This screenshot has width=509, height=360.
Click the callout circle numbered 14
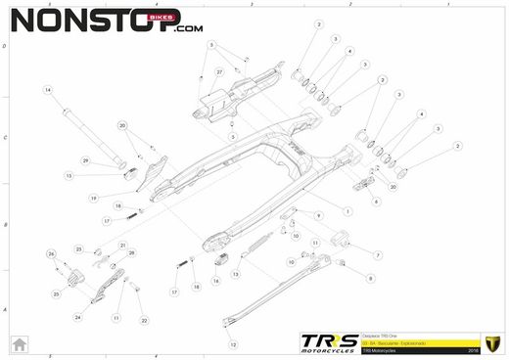pyautogui.click(x=45, y=89)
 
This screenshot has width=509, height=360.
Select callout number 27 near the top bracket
pyautogui.click(x=219, y=72)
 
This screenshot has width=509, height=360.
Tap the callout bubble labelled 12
pyautogui.click(x=233, y=344)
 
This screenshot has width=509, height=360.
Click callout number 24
pyautogui.click(x=77, y=318)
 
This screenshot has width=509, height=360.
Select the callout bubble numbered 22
pyautogui.click(x=144, y=320)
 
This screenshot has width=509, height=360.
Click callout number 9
pyautogui.click(x=319, y=214)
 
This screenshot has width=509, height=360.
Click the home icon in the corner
pyautogui.click(x=17, y=344)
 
